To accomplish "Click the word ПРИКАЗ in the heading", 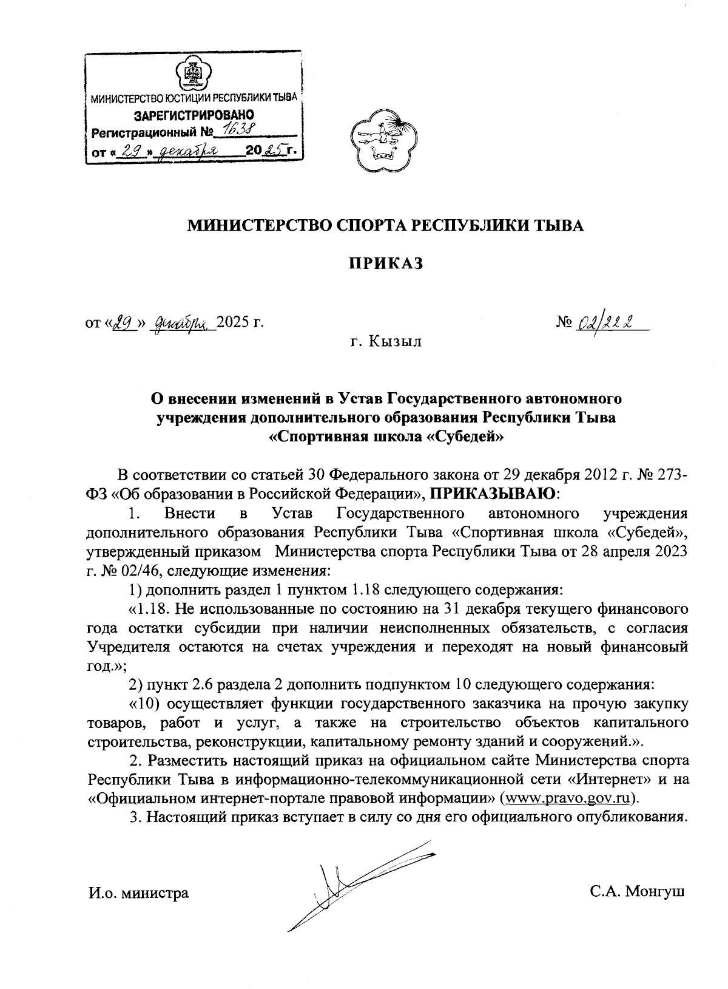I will click(385, 263).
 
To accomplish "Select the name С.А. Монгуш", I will click(638, 892).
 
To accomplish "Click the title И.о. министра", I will click(138, 892).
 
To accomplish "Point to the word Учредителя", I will click(129, 646).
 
